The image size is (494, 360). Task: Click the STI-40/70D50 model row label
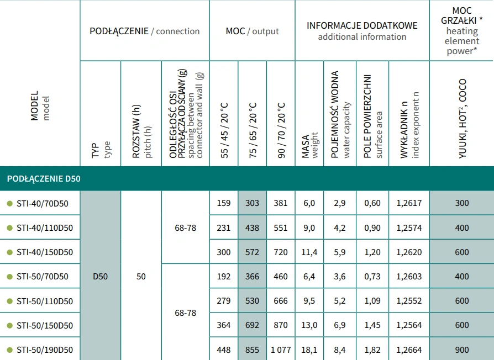43,203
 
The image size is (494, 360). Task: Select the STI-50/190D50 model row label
45,350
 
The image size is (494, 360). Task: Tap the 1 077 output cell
281,350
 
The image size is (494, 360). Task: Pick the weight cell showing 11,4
309,252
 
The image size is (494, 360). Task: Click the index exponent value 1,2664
409,350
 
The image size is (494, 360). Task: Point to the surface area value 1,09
372,301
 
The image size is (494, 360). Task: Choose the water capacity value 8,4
339,350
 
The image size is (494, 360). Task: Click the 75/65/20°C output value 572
252,252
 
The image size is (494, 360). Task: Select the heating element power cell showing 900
461,350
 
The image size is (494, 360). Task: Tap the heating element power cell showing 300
461,203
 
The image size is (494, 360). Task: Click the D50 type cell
100,276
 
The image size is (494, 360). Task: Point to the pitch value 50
141,276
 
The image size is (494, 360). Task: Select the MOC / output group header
252,31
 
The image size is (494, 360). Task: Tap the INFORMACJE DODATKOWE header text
362,26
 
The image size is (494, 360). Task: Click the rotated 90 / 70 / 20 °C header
281,130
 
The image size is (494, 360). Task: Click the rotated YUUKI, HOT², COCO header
462,119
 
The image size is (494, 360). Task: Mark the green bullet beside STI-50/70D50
9,276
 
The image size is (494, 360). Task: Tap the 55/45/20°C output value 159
224,203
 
